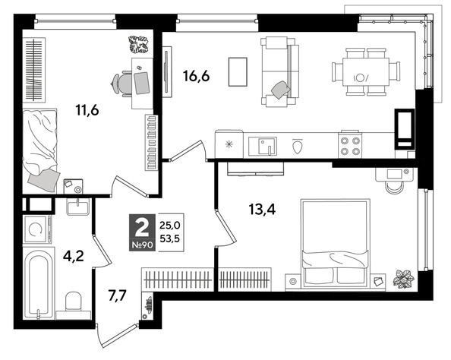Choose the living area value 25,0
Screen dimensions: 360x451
pos(171,224)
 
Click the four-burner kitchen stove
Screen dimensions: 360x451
pos(349,144)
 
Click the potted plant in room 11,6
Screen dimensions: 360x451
pos(140,45)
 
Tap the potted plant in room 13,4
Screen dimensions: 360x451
pos(403,279)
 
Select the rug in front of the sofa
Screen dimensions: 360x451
pos(238,72)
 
